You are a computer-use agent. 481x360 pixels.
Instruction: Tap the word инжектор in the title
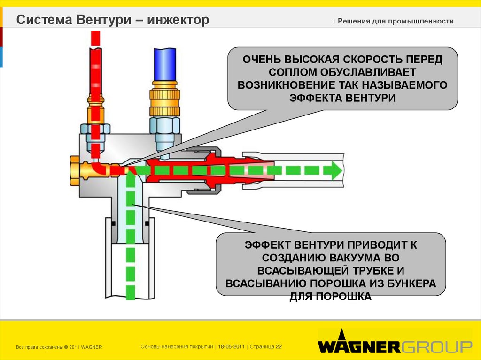178,20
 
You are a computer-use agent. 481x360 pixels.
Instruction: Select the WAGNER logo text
359,347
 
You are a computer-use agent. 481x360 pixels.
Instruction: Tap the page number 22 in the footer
279,346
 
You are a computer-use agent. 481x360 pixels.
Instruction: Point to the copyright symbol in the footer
66,347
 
